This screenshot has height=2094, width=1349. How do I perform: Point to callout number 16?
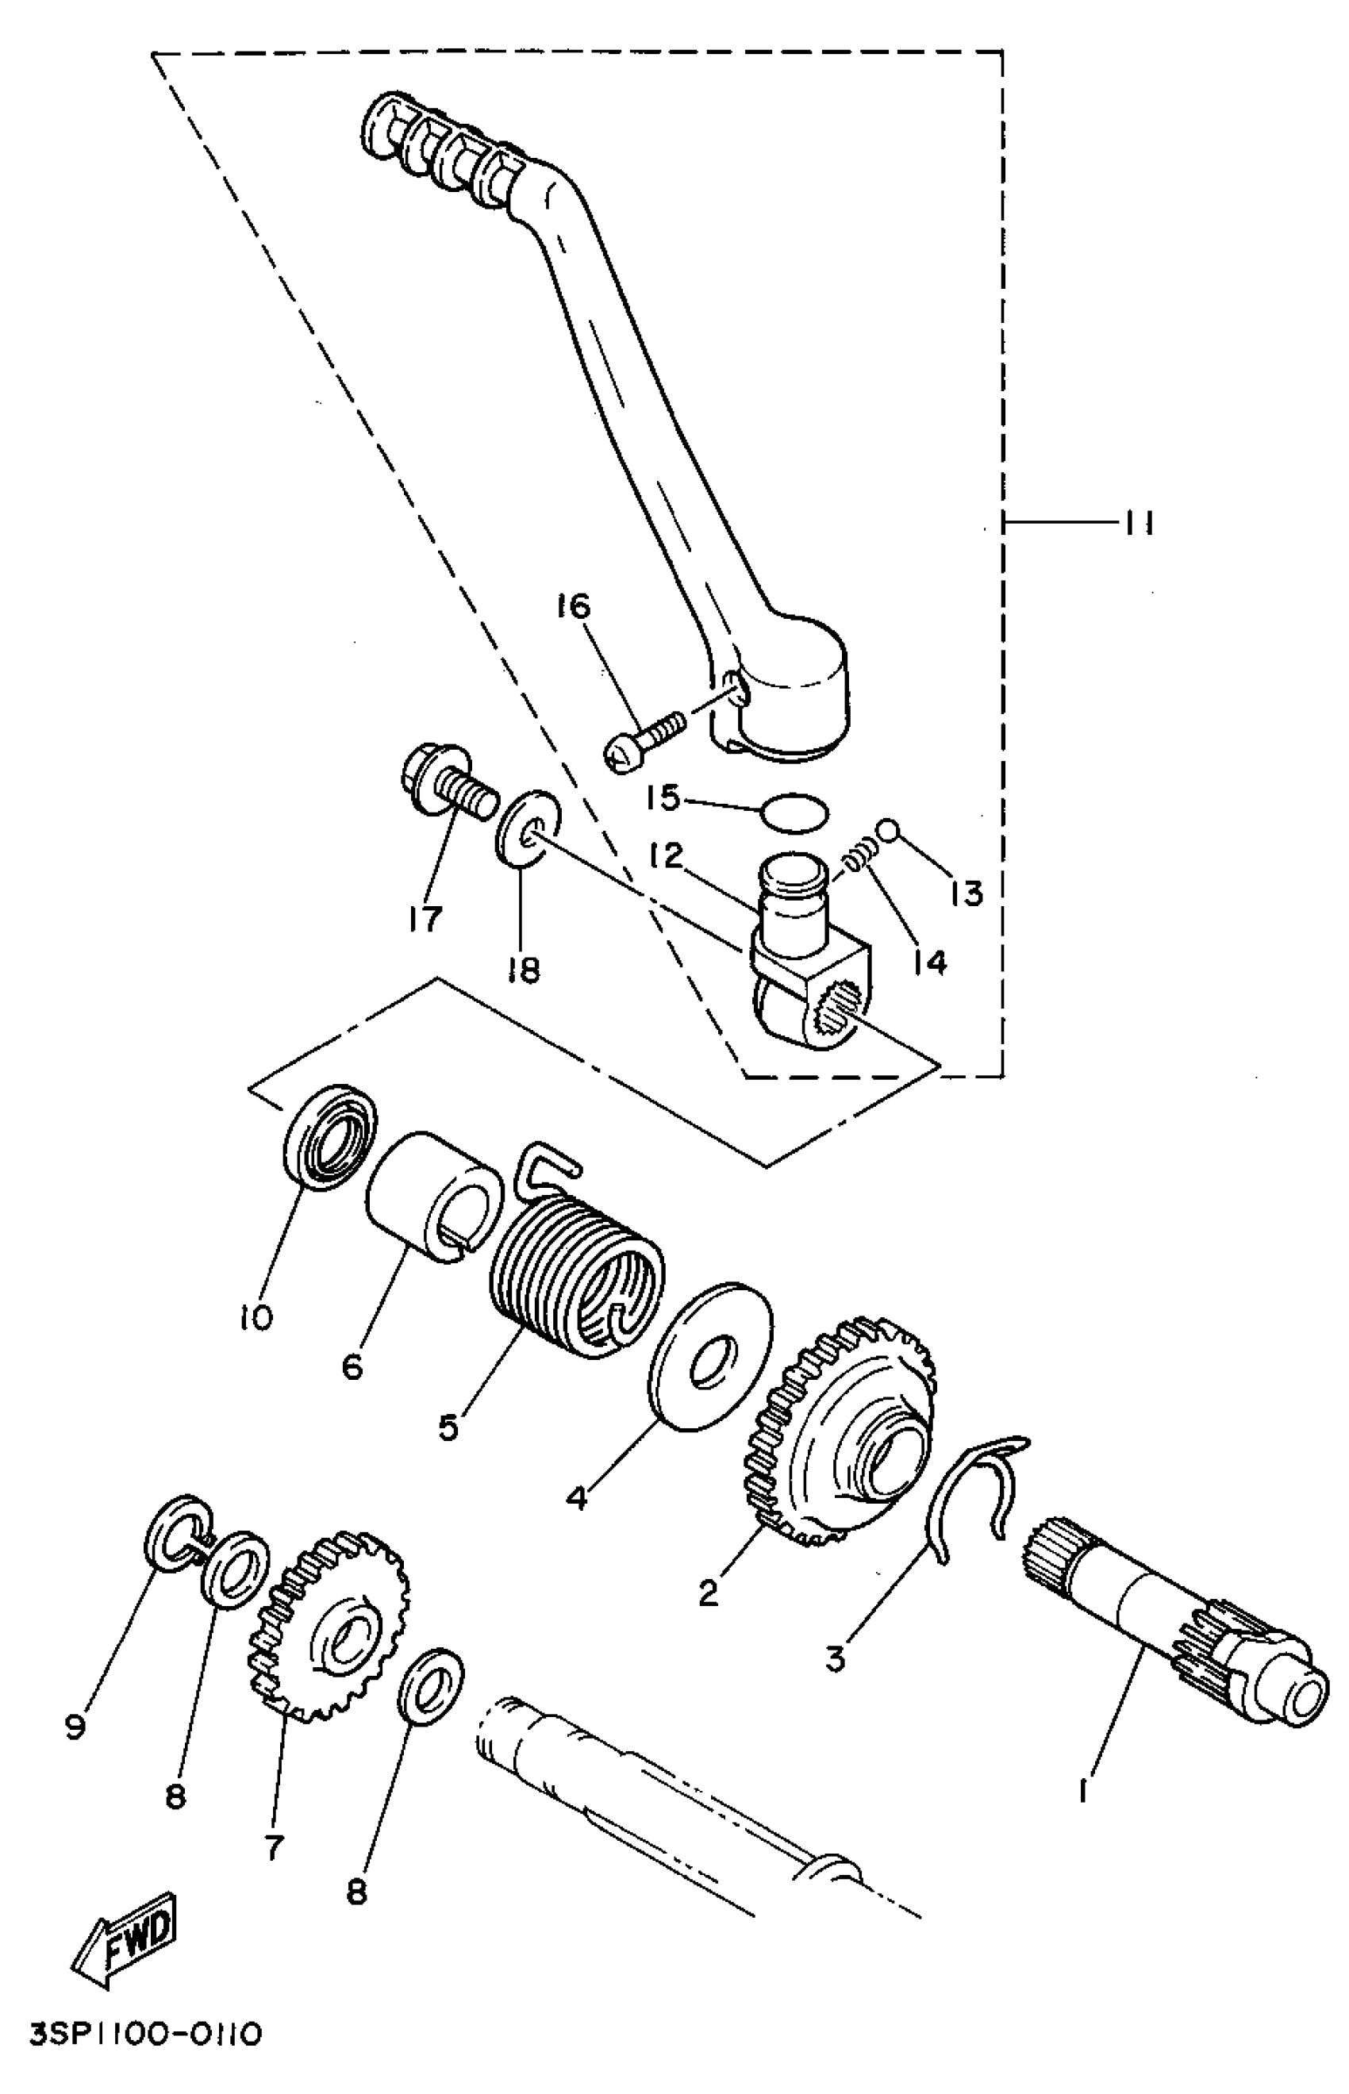[x=574, y=606]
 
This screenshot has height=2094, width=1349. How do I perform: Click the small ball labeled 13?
[x=886, y=828]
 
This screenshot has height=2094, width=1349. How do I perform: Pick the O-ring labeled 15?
[x=794, y=813]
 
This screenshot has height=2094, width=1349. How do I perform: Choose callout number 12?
[x=667, y=856]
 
